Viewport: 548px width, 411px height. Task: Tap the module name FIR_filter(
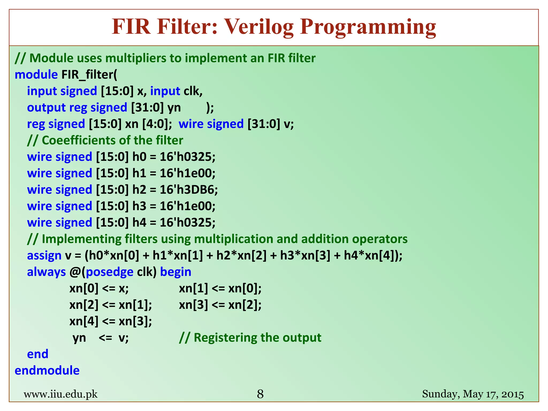point(89,75)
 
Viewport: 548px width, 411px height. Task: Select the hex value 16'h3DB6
point(189,190)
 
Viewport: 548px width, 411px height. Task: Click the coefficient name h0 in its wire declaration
point(139,157)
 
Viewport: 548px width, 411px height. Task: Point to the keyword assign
point(44,256)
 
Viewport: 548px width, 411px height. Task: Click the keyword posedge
point(109,272)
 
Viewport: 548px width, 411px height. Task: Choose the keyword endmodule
point(47,371)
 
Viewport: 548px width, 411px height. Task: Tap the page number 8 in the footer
point(260,394)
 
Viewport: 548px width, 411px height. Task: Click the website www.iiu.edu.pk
point(60,394)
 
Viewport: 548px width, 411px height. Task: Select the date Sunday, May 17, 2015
point(473,394)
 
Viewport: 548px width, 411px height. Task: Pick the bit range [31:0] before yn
point(147,108)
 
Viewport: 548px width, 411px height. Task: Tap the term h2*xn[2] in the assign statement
point(241,256)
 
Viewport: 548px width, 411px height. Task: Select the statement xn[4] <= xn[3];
point(111,321)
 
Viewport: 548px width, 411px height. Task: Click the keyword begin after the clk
point(176,272)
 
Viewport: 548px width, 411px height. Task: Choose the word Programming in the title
point(368,27)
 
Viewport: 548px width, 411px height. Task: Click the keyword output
point(46,108)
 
